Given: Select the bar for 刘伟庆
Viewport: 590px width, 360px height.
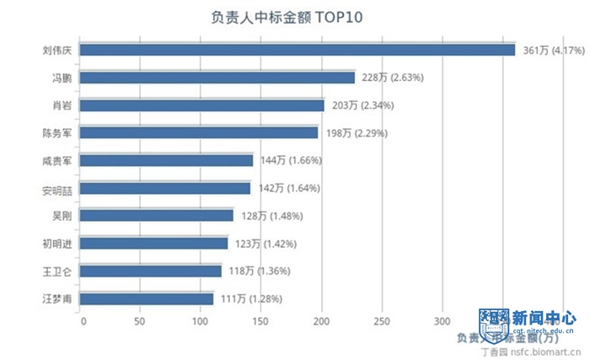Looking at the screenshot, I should coord(298,51).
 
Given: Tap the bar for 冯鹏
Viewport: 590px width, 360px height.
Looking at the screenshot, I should coord(218,78).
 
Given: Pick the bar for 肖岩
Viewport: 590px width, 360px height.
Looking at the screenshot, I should coord(203,105).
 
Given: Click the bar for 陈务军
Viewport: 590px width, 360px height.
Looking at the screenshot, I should coord(200,133).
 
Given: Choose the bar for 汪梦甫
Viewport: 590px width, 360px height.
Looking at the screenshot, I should coord(147,298).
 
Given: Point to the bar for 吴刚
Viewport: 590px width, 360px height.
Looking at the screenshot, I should coord(158,216).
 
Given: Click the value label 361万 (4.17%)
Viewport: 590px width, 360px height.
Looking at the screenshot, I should coord(553,51).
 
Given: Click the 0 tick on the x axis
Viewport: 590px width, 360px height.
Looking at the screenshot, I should coord(83,321).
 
